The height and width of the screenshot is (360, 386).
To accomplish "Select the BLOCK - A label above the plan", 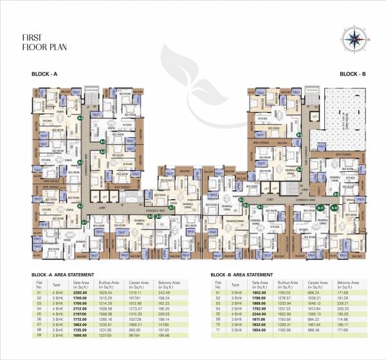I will pos(45,75).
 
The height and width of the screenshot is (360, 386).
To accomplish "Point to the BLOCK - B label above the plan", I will pos(353,75).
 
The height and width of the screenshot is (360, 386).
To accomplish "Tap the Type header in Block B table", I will pos(235,284).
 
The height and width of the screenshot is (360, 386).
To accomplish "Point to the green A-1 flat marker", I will pos(85,222).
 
